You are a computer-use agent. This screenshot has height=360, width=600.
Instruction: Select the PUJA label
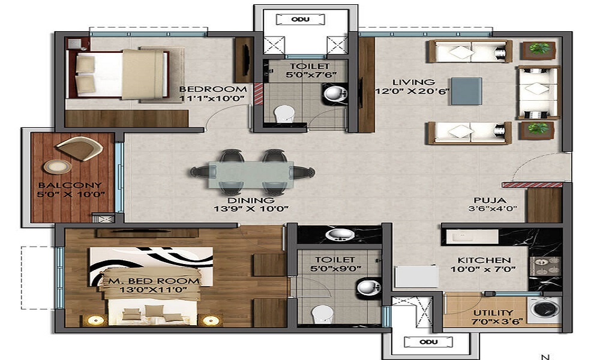489,200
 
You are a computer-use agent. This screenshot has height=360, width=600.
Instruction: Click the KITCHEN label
484,260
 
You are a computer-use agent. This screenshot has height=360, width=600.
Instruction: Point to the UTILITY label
492,313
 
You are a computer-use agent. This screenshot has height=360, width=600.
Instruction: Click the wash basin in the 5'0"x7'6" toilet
333,94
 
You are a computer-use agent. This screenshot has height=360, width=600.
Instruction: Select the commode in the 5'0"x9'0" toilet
322,313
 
